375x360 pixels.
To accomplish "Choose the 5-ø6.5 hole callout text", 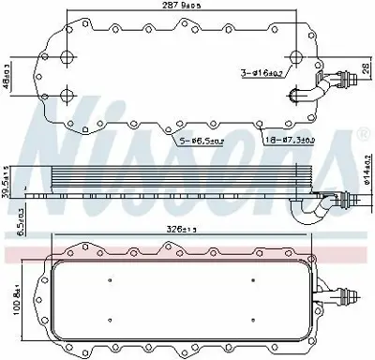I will [x=202, y=142].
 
